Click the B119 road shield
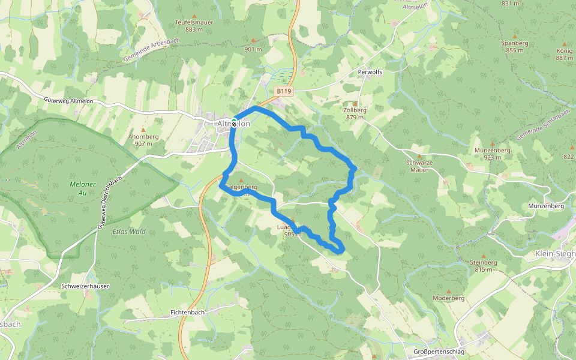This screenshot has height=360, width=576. (284, 91)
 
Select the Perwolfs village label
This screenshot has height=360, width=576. (370, 71)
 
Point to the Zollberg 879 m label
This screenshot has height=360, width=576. (355, 113)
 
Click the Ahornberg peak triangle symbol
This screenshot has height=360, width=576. (143, 130)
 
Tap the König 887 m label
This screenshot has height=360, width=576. (564, 54)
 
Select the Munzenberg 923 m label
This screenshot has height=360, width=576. (492, 153)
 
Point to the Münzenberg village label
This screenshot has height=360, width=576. (545, 206)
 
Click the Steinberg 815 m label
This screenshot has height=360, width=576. (483, 265)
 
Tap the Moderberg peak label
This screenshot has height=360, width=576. (449, 298)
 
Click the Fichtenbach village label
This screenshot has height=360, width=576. (188, 313)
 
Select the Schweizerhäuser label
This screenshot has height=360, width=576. (85, 286)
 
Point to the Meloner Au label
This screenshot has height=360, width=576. (83, 188)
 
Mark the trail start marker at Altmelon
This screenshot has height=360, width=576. (233, 122)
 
